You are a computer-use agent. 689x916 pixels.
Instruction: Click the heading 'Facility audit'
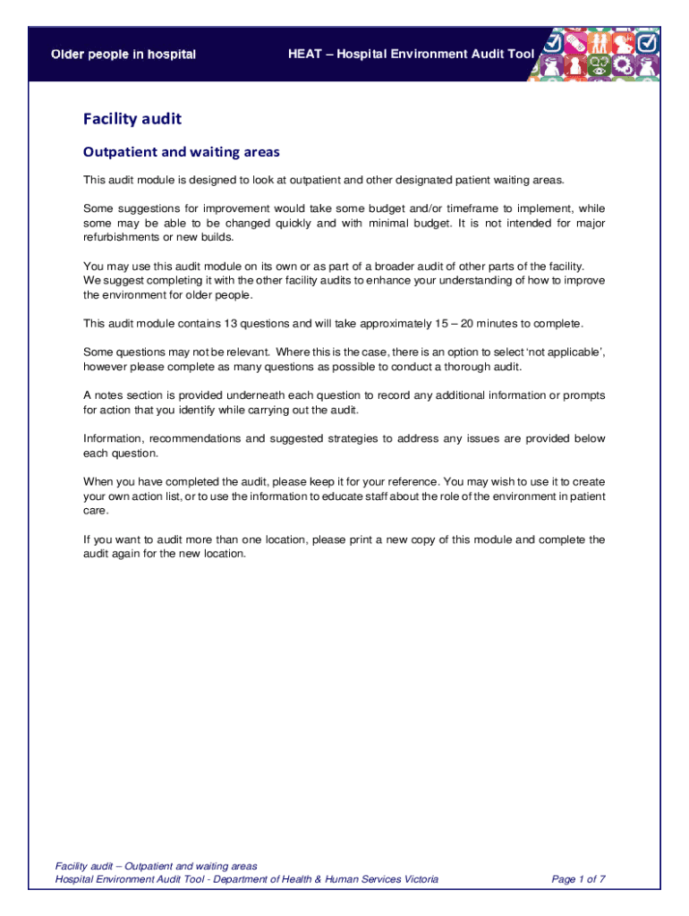click(132, 119)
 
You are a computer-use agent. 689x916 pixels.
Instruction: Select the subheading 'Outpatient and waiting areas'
click(181, 152)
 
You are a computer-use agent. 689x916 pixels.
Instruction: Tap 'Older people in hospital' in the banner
click(123, 55)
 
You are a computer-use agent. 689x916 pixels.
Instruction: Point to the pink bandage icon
click(575, 42)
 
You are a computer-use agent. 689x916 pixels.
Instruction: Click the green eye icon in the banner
click(600, 64)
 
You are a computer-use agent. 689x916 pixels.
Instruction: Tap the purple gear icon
click(624, 64)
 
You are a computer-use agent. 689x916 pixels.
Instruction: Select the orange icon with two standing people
click(600, 42)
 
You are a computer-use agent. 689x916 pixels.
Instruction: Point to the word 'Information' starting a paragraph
click(113, 439)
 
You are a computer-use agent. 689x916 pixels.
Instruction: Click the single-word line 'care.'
click(96, 511)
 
